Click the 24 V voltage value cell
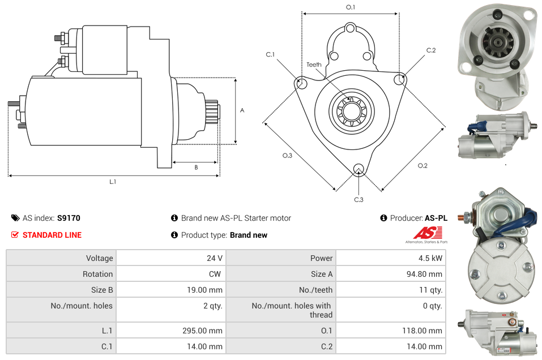[x=214, y=258]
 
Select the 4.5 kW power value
[x=432, y=258]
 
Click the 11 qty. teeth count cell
[x=429, y=290]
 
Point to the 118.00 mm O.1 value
[x=425, y=331]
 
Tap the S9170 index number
[x=69, y=218]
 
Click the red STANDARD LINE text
[x=52, y=235]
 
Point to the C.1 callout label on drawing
[x=270, y=54]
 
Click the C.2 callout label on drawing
[x=431, y=50]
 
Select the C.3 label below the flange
[x=359, y=200]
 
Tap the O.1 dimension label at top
[x=351, y=7]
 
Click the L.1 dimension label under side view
[x=113, y=182]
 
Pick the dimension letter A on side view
[x=242, y=110]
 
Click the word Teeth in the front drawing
[x=314, y=65]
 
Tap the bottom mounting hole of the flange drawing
[x=358, y=169]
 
